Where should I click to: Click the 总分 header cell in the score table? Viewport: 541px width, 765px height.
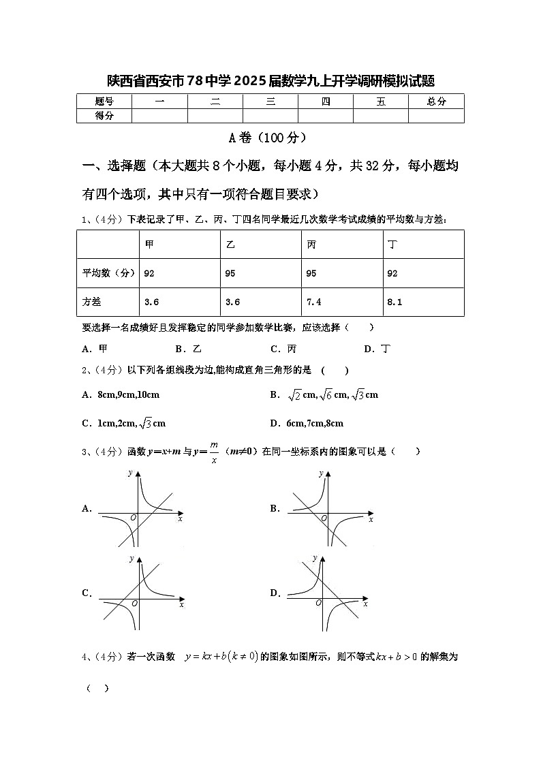(x=436, y=102)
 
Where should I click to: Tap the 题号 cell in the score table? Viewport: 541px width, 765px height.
(x=104, y=102)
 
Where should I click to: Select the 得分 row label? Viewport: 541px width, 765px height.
(x=104, y=116)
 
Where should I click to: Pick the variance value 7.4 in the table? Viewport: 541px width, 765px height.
(x=314, y=302)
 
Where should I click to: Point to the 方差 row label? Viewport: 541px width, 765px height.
(x=91, y=302)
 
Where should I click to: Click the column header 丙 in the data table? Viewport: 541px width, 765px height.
(x=311, y=245)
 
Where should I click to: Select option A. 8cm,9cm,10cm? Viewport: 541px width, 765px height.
(x=121, y=394)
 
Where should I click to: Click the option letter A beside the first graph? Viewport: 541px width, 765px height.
(x=87, y=508)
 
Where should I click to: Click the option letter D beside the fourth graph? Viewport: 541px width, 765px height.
(x=275, y=593)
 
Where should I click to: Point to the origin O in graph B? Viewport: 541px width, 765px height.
(x=324, y=518)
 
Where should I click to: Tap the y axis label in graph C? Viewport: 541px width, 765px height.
(x=131, y=559)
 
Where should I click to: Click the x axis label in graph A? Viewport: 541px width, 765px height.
(x=180, y=519)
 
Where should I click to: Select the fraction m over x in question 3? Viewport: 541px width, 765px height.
(x=214, y=452)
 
